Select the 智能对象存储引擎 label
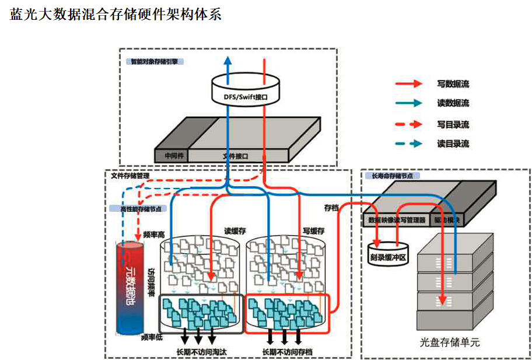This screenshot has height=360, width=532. [x=154, y=61]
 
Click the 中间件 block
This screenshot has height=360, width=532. [x=172, y=156]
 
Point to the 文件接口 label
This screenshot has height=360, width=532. [x=236, y=156]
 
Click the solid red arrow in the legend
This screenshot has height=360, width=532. [x=408, y=84]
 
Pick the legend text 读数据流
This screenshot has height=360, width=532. [x=453, y=103]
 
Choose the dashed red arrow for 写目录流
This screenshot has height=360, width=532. [x=408, y=124]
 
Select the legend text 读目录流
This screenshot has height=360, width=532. [x=453, y=144]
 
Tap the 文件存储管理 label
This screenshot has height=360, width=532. [x=130, y=175]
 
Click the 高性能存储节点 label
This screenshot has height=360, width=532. [x=136, y=208]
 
